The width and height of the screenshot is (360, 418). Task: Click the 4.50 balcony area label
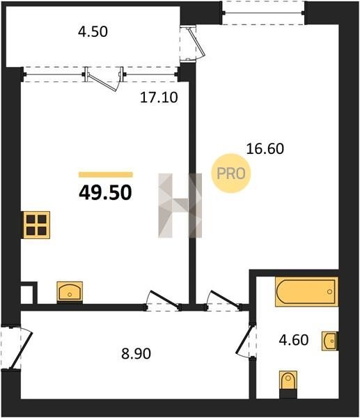tap(93, 32)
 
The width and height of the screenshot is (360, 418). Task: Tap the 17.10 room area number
tap(159, 98)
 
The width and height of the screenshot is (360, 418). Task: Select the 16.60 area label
tap(265, 149)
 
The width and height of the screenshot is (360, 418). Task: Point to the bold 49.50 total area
tap(106, 193)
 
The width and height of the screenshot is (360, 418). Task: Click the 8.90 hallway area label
tap(136, 354)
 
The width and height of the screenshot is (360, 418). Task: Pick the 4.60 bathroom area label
tap(294, 340)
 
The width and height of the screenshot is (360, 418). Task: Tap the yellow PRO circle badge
tap(231, 173)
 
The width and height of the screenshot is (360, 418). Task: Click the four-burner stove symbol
tap(36, 225)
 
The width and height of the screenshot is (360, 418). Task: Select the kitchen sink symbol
tap(70, 292)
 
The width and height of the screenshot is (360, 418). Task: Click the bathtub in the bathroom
tap(306, 292)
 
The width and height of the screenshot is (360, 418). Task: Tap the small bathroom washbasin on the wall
tap(330, 341)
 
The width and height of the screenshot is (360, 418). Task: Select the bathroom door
tap(244, 340)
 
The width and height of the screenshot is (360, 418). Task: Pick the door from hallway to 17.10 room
tap(163, 301)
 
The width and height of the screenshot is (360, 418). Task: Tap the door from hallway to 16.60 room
tap(224, 301)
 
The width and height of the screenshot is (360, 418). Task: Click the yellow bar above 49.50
tap(106, 175)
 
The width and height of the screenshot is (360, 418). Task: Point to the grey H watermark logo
tap(180, 206)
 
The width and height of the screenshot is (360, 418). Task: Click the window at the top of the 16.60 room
tap(263, 13)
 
